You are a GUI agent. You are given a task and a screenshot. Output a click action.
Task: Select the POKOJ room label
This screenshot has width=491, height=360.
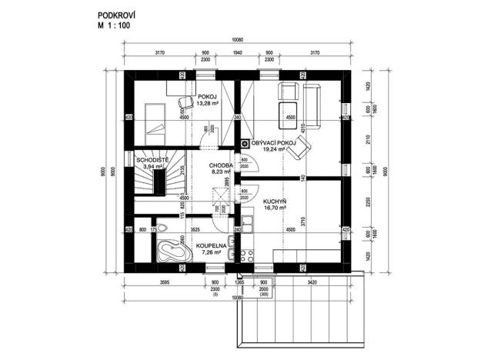point(205,96)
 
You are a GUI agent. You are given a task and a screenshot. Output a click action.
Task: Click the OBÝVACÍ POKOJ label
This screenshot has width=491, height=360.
point(274,144)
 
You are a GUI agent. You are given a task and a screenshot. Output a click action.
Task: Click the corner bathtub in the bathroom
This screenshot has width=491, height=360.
point(165,250)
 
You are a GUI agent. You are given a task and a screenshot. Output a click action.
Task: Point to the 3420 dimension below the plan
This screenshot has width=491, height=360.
point(307,283)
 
